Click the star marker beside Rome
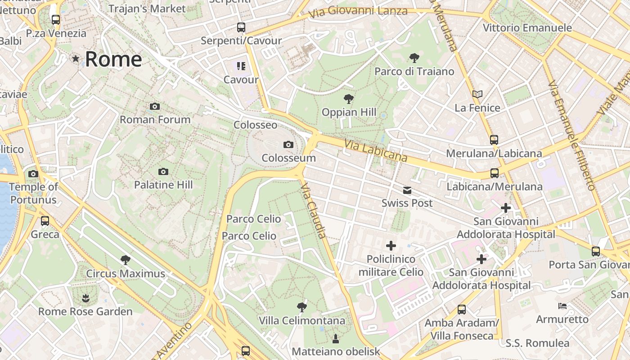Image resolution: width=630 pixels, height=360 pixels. pyautogui.click(x=76, y=58)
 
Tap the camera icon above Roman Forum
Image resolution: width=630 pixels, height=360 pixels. pyautogui.click(x=155, y=107)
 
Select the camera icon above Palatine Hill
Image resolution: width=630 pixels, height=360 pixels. pyautogui.click(x=163, y=171)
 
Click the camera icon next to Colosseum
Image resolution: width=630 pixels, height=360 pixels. pyautogui.click(x=288, y=145)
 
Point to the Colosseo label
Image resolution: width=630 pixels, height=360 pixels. pyautogui.click(x=255, y=125)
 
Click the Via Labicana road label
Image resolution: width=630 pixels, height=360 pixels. pyautogui.click(x=376, y=151)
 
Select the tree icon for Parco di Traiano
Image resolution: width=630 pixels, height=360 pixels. pyautogui.click(x=414, y=58)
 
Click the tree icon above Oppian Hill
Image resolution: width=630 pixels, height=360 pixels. pyautogui.click(x=348, y=99)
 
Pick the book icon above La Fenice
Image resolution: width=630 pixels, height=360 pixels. pyautogui.click(x=477, y=94)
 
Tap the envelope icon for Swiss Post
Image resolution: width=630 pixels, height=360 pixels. pyautogui.click(x=407, y=190)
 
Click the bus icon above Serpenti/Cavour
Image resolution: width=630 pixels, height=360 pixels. pyautogui.click(x=241, y=27)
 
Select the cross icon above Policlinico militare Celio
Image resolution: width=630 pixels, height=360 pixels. pyautogui.click(x=391, y=246)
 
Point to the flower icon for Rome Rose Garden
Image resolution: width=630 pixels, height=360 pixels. pyautogui.click(x=85, y=298)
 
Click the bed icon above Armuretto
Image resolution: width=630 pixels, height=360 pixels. pyautogui.click(x=562, y=306)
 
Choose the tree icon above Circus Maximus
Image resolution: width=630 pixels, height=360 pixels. pyautogui.click(x=126, y=260)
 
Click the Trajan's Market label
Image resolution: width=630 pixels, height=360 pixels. pyautogui.click(x=147, y=9)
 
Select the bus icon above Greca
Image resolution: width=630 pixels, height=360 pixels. pyautogui.click(x=45, y=221)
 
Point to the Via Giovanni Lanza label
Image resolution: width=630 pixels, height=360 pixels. pyautogui.click(x=358, y=12)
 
